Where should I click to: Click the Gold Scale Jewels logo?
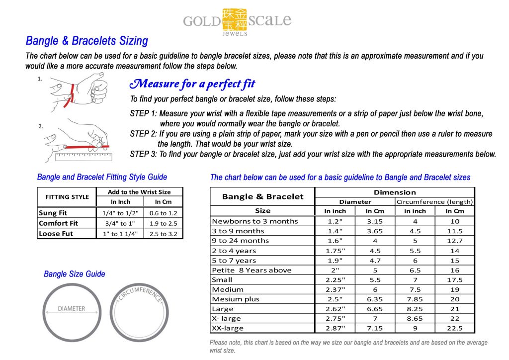point(237,21)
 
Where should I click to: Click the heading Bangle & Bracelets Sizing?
point(86,41)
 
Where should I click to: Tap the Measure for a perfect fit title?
point(192,84)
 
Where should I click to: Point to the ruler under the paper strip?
point(84,156)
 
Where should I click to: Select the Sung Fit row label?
point(53,213)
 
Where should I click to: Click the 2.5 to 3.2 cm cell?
point(163,234)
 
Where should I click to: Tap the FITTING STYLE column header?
point(67,196)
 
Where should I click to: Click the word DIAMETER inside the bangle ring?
point(71,308)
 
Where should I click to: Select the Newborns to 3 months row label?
point(254,221)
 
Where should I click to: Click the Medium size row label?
point(228,289)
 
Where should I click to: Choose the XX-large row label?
point(228,328)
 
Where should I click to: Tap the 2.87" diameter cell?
point(335,328)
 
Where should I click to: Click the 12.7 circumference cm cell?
point(454,241)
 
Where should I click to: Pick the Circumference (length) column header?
point(434,202)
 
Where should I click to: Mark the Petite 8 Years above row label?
point(252,270)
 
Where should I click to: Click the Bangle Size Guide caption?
point(75,274)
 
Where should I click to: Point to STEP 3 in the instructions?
point(143,154)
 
